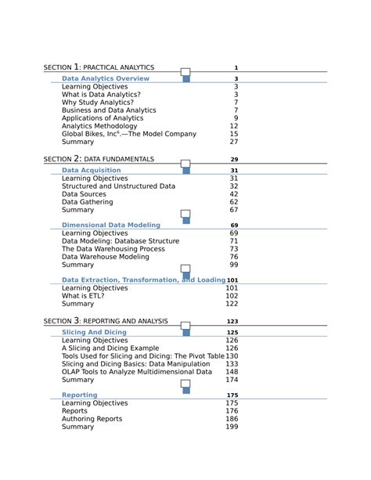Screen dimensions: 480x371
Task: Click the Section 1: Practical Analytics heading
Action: coord(99,68)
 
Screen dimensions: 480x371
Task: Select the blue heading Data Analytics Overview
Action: coord(106,79)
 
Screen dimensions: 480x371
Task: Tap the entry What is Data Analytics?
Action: coord(101,94)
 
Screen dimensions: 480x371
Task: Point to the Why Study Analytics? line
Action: coord(98,103)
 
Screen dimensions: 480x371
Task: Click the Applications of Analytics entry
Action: coord(103,118)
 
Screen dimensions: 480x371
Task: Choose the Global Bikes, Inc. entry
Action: coord(129,134)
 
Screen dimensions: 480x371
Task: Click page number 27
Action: coord(234,143)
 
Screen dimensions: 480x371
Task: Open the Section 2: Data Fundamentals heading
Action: coord(99,160)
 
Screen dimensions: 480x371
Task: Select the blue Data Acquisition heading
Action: coord(92,170)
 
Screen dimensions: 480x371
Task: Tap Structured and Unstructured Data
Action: coord(118,186)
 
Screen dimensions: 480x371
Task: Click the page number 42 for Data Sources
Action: coord(234,194)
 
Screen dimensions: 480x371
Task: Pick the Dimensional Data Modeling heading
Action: coord(111,225)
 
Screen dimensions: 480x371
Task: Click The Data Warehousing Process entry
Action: coord(113,249)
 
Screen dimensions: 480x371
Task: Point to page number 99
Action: coord(234,265)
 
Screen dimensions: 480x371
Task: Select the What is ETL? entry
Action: coord(83,296)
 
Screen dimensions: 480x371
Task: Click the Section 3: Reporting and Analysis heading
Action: coord(106,321)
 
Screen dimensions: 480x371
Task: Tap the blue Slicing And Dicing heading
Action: coord(94,332)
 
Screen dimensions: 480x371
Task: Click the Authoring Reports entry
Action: coord(92,419)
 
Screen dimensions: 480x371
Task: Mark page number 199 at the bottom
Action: coord(232,427)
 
